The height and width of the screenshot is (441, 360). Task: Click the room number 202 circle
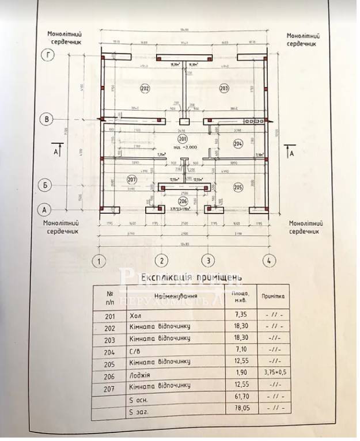pos(145,89)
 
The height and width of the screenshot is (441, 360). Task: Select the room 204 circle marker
pos(237,144)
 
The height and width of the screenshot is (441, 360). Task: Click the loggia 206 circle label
pos(183,201)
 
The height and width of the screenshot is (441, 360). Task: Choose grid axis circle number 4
pos(267,260)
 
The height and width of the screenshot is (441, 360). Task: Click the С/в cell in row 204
pos(136,349)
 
